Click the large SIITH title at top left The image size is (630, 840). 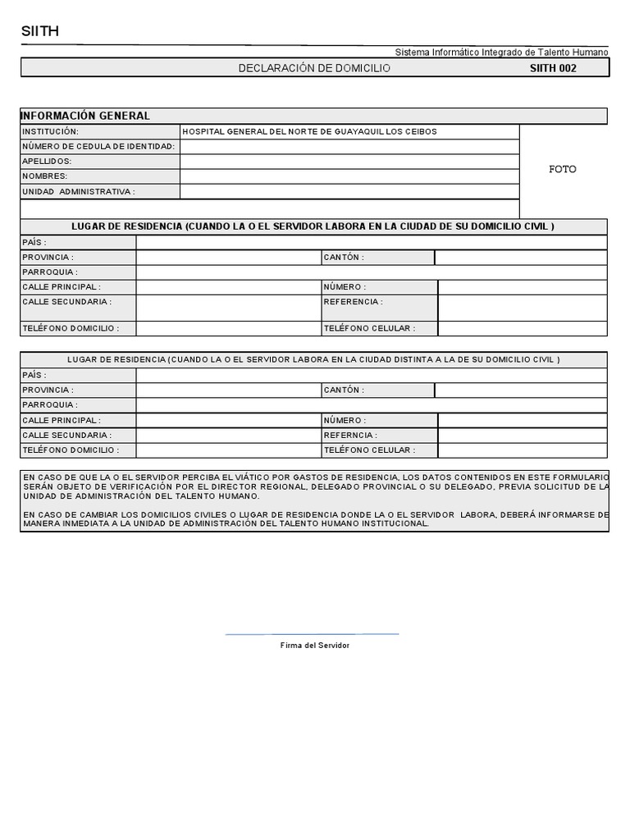pos(39,32)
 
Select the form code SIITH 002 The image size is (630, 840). pos(553,68)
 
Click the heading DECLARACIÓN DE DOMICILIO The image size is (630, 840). pos(314,68)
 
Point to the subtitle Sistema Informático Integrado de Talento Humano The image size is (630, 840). pos(501,52)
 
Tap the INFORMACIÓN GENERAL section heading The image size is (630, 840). pos(86,116)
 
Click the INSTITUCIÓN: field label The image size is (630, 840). pos(50,131)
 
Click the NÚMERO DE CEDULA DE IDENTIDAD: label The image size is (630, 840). pos(98,146)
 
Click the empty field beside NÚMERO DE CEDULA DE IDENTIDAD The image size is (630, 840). pos(349,147)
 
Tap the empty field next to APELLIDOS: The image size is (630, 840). pos(349,162)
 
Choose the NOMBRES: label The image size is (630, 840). pos(45,176)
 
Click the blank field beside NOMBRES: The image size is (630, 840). pos(349,176)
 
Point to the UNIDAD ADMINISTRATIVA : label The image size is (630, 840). pos(79,191)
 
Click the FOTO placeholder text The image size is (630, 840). pos(563,169)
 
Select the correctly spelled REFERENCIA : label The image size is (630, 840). pos(353,302)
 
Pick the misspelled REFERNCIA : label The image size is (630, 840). pos(350,436)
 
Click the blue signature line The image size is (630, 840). pos(312,634)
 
